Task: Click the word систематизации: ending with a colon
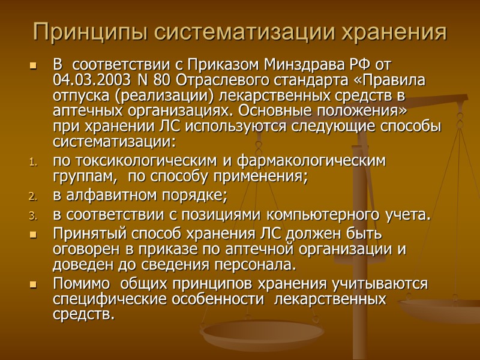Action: point(114,143)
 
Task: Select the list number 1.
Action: point(33,162)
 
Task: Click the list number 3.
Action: point(33,216)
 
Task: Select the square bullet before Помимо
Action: point(33,283)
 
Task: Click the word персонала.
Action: point(258,265)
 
